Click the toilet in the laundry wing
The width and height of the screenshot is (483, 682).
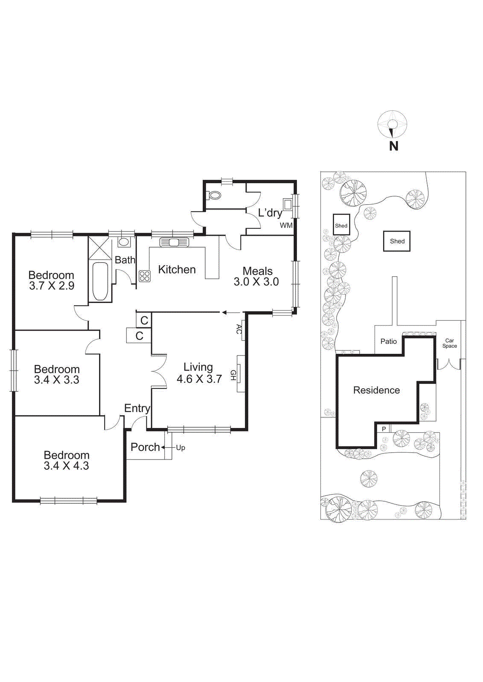[215, 196]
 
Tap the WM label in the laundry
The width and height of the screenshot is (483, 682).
[286, 225]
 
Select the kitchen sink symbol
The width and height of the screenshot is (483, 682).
[174, 242]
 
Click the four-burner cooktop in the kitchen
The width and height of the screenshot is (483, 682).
[144, 276]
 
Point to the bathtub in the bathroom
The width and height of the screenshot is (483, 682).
[100, 281]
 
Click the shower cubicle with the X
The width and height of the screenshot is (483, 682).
[100, 247]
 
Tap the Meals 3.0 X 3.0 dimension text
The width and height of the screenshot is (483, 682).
[256, 282]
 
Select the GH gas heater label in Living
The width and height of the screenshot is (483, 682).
[233, 375]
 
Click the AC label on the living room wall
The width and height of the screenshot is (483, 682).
[239, 329]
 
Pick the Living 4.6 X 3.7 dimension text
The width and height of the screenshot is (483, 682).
[199, 379]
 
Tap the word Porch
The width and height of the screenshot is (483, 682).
[145, 447]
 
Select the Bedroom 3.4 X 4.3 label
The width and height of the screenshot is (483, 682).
[67, 460]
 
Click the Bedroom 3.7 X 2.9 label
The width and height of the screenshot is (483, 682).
[51, 280]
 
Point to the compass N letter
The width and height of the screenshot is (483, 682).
[393, 146]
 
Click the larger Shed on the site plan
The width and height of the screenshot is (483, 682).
[397, 241]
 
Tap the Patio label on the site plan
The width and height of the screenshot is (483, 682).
[388, 341]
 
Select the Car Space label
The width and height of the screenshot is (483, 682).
[449, 343]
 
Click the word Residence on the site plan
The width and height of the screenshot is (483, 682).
[376, 390]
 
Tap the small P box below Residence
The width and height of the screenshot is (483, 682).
[384, 429]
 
